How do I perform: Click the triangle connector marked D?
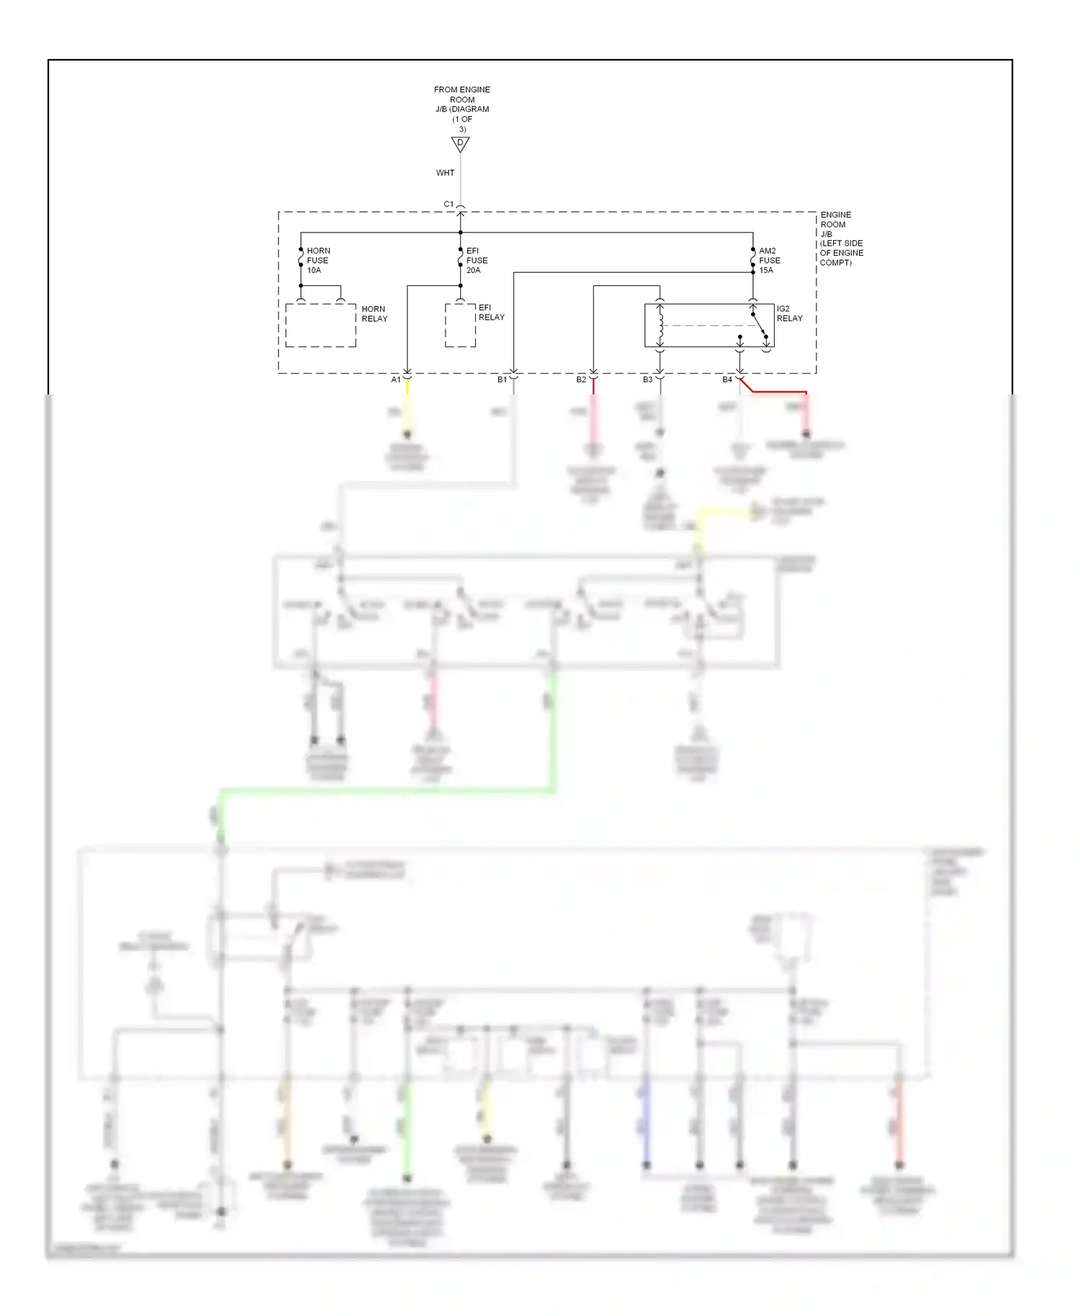point(460,144)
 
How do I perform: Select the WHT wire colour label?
point(445,173)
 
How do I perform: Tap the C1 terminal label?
point(449,204)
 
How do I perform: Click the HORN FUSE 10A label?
point(318,261)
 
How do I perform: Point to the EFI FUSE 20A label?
point(477,261)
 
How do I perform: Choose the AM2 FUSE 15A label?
point(769,261)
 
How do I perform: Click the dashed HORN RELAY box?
point(320,325)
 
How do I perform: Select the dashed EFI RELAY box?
point(460,325)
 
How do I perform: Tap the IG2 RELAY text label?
point(789,313)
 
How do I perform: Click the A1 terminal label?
point(395,379)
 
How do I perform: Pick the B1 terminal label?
point(502,379)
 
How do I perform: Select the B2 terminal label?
point(581,379)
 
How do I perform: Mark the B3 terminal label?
point(647,379)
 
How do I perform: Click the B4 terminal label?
point(727,379)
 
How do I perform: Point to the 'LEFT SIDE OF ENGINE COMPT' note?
point(841,253)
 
